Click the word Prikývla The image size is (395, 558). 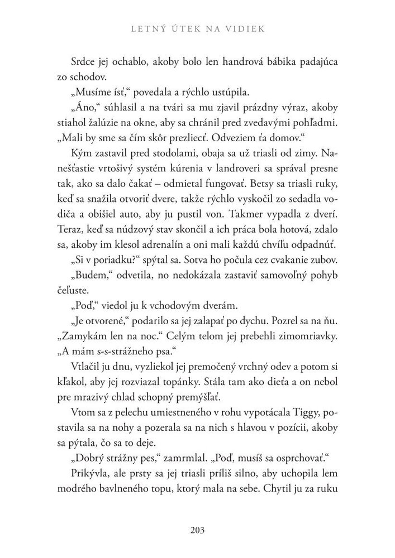[90, 464]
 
